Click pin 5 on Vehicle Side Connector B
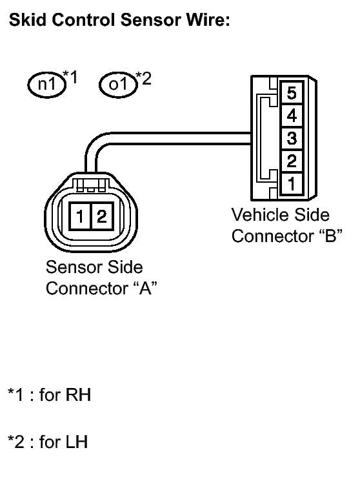pyautogui.click(x=291, y=94)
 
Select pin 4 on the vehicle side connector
pyautogui.click(x=291, y=116)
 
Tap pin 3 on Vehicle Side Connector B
pyautogui.click(x=291, y=138)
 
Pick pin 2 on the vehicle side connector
pyautogui.click(x=291, y=161)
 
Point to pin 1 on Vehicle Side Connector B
pyautogui.click(x=291, y=183)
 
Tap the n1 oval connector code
pyautogui.click(x=45, y=84)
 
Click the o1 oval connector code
pyautogui.click(x=115, y=84)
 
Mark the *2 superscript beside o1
pyautogui.click(x=143, y=78)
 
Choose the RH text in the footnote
pyautogui.click(x=78, y=394)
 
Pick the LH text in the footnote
pyautogui.click(x=77, y=442)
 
